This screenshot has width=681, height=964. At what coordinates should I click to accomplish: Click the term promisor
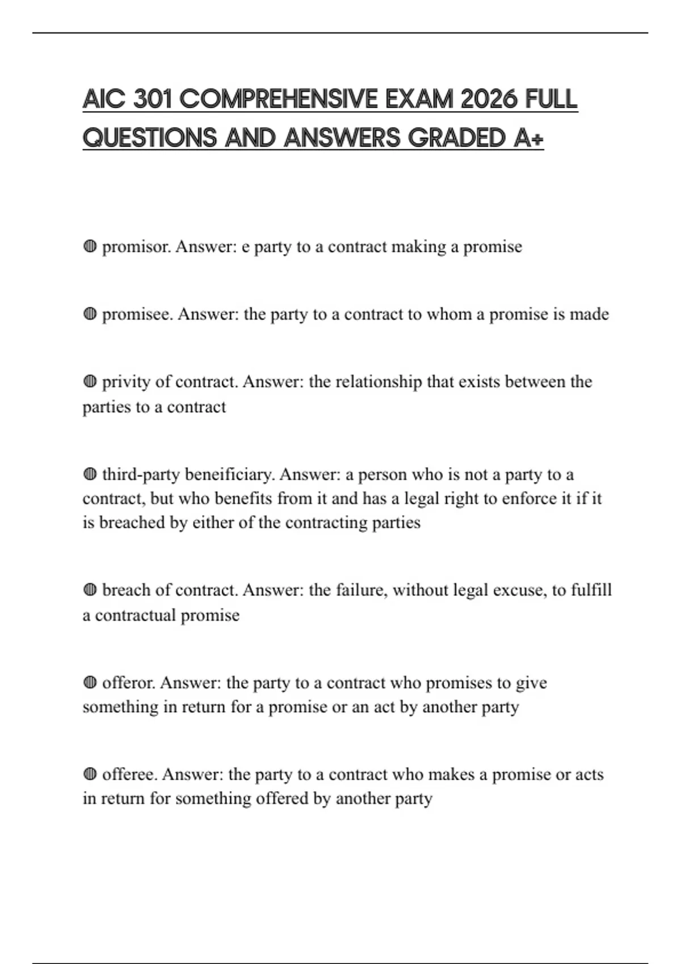pyautogui.click(x=136, y=247)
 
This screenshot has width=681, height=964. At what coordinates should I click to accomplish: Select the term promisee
pyautogui.click(x=137, y=314)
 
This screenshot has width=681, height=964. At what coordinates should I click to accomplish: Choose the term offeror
pyautogui.click(x=129, y=682)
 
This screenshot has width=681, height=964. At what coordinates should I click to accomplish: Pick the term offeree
pyautogui.click(x=129, y=774)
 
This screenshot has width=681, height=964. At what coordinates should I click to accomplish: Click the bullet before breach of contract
pyautogui.click(x=90, y=590)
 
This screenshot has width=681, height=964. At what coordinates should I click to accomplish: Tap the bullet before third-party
pyautogui.click(x=90, y=474)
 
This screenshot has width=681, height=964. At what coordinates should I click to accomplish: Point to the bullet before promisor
pyautogui.click(x=90, y=247)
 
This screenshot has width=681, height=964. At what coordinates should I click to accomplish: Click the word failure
pyautogui.click(x=361, y=590)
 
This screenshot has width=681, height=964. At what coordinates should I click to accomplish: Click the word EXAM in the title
pyautogui.click(x=419, y=99)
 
